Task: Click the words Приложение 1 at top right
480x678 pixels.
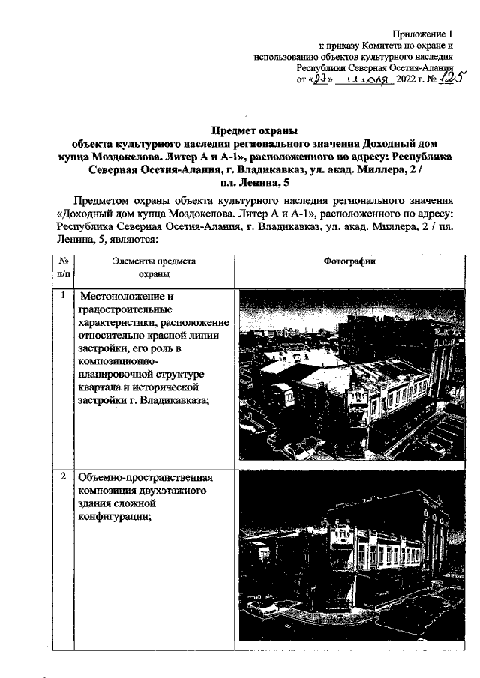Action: [424, 34]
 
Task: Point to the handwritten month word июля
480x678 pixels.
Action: [367, 79]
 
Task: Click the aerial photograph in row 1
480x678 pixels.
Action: [349, 375]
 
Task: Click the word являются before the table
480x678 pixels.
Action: [130, 240]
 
